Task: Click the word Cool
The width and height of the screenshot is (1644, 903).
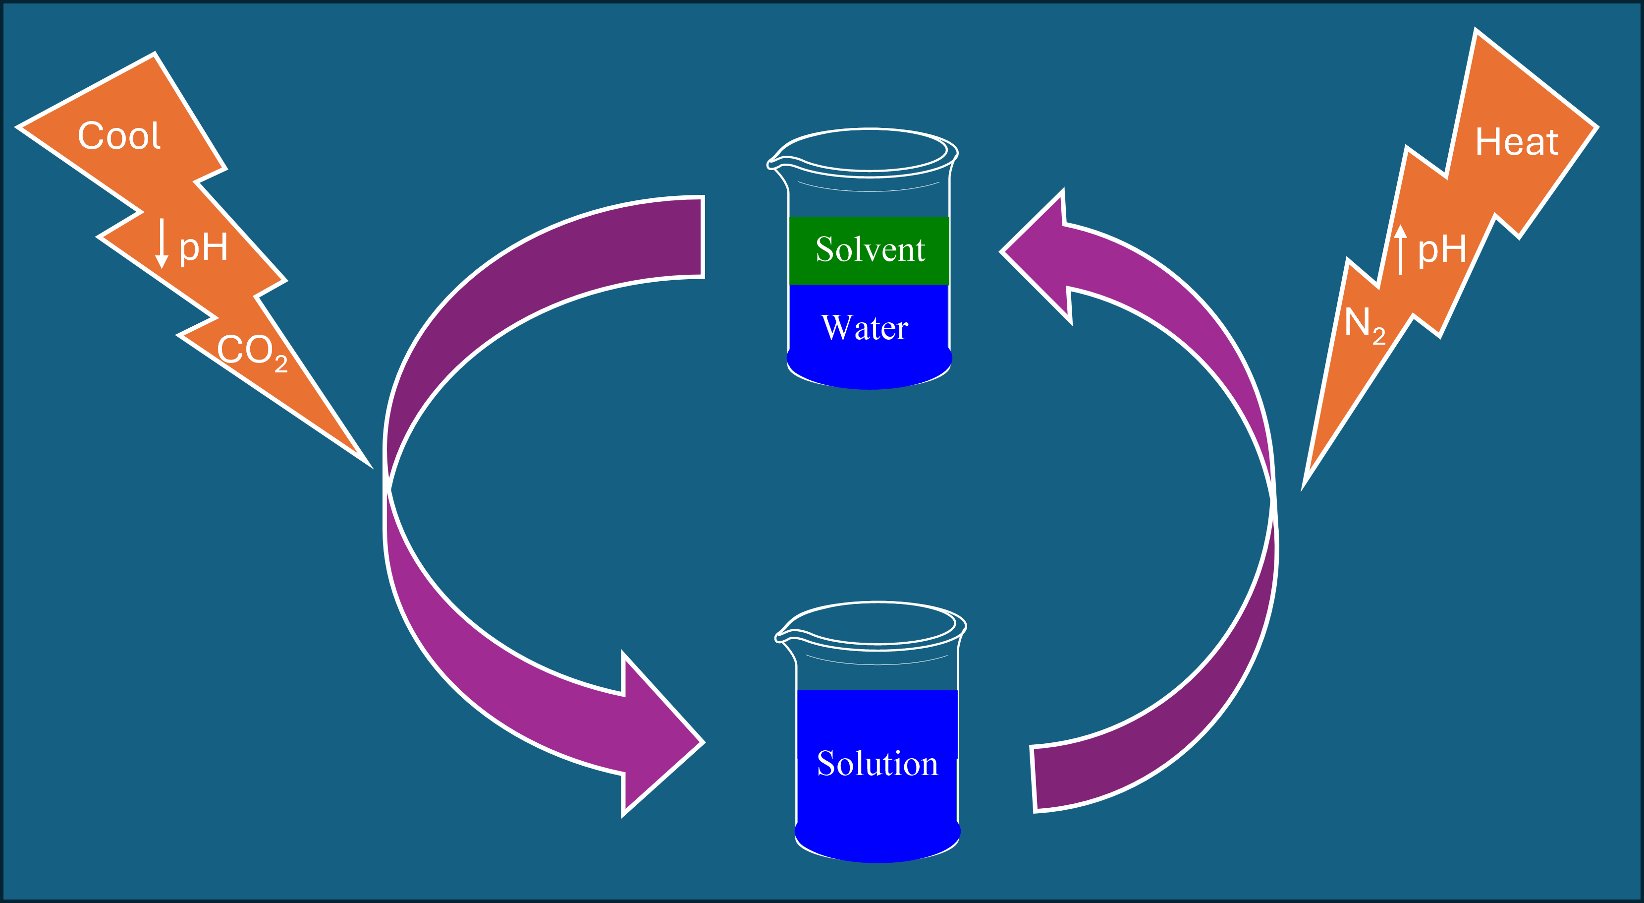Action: [x=119, y=136]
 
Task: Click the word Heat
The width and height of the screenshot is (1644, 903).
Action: [x=1516, y=142]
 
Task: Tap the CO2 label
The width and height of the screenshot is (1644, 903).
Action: [x=252, y=351]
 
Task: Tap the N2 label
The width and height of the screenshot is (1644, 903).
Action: [x=1364, y=324]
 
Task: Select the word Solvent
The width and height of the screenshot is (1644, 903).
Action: [x=870, y=249]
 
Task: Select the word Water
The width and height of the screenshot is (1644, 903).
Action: [x=864, y=328]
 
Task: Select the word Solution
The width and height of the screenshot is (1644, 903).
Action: [x=877, y=764]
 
